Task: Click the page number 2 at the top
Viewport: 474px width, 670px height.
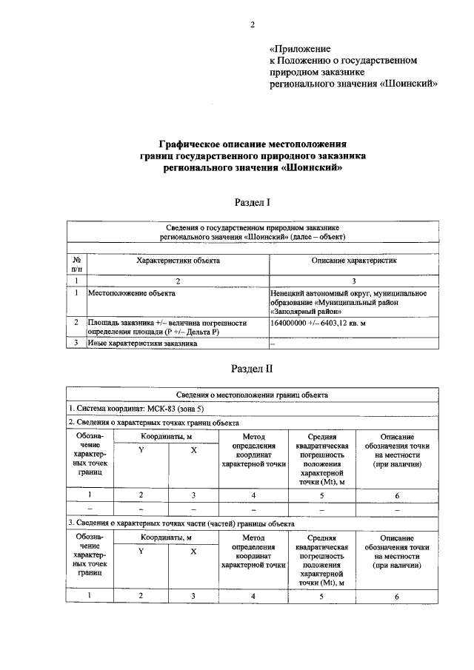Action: point(252,24)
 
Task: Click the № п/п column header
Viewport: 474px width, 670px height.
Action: point(76,265)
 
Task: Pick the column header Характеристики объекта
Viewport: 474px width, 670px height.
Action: point(178,261)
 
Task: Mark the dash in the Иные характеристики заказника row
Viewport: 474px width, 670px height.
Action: point(273,344)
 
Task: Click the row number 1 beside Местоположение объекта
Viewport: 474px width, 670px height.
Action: point(76,293)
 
